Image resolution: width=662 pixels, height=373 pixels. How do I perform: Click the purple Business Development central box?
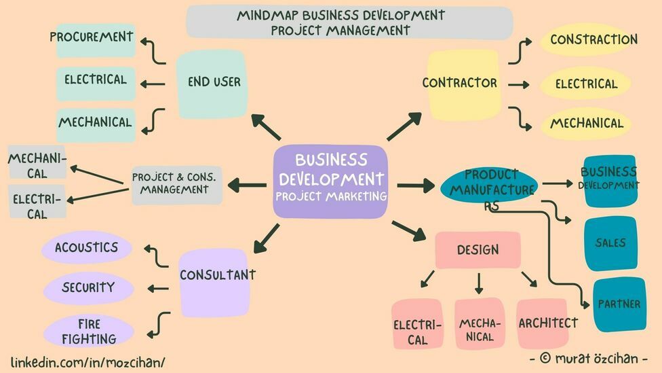point(330,181)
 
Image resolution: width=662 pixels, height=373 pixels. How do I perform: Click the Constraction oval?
point(590,39)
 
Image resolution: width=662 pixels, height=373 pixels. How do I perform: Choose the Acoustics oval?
point(87,248)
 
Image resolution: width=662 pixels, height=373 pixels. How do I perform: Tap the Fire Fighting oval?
point(88,331)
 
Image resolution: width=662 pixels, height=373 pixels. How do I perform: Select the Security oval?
point(88,287)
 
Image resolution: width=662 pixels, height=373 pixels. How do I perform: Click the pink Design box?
point(478,250)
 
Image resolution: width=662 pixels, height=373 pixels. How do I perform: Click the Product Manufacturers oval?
point(490,183)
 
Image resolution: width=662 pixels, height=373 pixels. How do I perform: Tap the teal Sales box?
point(610,243)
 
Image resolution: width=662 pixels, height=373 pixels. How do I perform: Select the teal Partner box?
point(619,304)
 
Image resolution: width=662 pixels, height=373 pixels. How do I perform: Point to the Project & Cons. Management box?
point(176,184)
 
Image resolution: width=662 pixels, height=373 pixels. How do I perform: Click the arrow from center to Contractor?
point(404,126)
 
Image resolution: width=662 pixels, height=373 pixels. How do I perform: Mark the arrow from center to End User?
point(266,126)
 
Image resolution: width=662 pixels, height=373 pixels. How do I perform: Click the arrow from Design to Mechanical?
point(479,283)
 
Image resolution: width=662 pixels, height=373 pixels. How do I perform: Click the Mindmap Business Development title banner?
point(349,22)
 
